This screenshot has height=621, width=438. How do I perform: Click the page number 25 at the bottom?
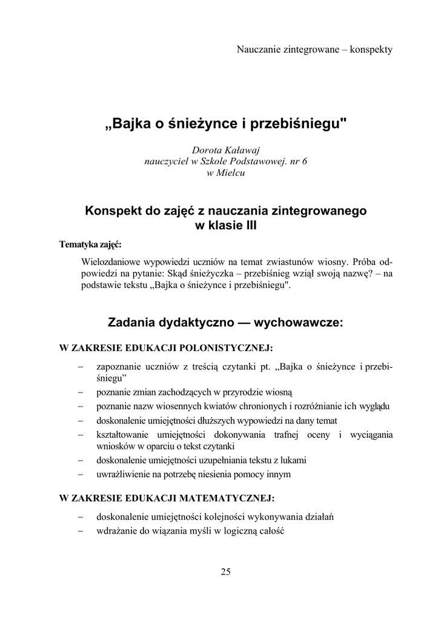coord(225,571)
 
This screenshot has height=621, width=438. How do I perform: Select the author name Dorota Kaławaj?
coord(225,150)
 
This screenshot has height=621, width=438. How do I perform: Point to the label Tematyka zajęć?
coord(90,245)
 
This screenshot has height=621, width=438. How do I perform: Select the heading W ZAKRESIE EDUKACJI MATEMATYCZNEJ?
coord(167,498)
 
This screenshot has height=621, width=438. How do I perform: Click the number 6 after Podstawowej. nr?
coord(305,161)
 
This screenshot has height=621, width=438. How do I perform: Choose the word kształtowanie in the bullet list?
coord(123,434)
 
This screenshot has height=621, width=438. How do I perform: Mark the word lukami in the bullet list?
coord(293,460)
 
